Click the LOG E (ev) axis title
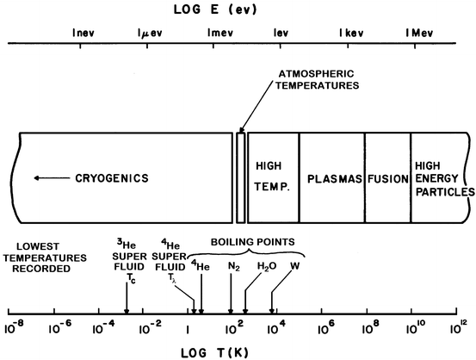pyautogui.click(x=238, y=9)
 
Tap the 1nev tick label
pyautogui.click(x=83, y=34)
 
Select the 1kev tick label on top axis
pyautogui.click(x=351, y=34)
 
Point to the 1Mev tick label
pyautogui.click(x=418, y=34)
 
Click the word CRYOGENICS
pyautogui.click(x=113, y=178)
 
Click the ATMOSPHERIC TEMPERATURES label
pyautogui.click(x=320, y=79)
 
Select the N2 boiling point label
pyautogui.click(x=233, y=266)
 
